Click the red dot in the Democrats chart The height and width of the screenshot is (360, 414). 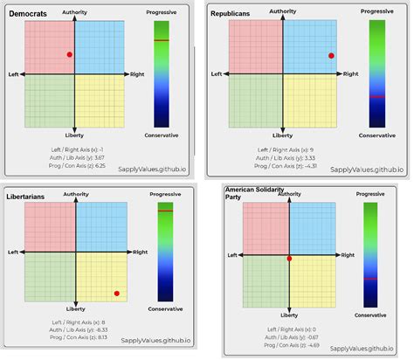tap(70, 55)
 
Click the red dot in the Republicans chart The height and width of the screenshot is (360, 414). tap(331, 56)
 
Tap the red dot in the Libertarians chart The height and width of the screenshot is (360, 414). tap(116, 293)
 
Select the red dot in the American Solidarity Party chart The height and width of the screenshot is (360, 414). tap(289, 259)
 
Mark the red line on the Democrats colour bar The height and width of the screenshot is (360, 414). tap(162, 41)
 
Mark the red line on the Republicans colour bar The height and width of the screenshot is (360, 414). tap(376, 96)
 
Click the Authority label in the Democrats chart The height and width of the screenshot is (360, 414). tap(76, 12)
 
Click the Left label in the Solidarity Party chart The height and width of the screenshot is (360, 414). tap(232, 255)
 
